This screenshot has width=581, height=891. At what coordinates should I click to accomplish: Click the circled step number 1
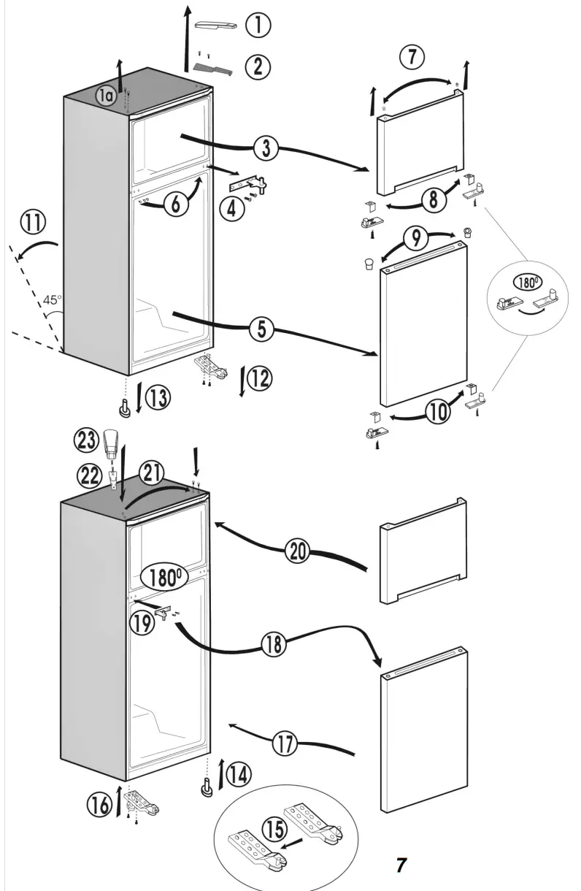258,26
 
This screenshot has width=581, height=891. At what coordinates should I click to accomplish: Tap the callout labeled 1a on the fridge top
107,95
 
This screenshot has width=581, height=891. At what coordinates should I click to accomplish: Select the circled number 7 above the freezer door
412,56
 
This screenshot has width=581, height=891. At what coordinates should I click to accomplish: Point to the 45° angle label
53,299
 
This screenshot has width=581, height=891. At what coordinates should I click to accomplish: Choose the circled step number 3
266,148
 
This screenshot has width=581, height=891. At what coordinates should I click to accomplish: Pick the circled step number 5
262,330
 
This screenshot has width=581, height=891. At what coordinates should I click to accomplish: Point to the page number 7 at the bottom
401,865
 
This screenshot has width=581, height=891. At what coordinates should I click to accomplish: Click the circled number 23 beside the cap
85,440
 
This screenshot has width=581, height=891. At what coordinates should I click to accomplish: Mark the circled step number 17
286,743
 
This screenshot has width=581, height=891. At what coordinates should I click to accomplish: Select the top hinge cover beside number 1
216,26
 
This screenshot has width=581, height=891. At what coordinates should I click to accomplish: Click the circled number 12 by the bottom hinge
259,378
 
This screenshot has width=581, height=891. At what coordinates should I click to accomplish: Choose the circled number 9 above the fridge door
414,237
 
